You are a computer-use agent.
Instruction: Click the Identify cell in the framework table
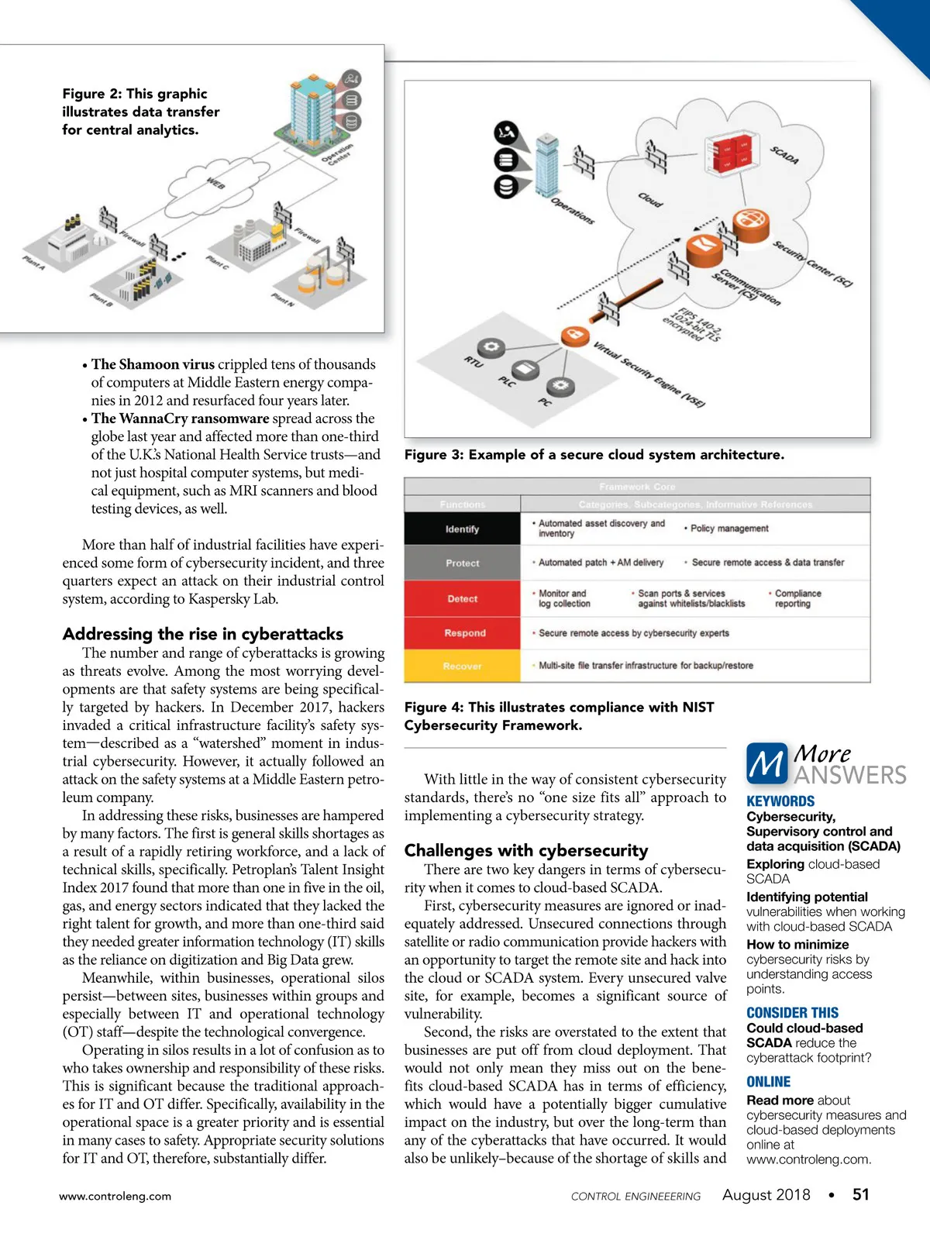[x=462, y=529]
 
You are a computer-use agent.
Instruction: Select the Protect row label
[x=462, y=563]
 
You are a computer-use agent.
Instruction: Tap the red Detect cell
[x=462, y=599]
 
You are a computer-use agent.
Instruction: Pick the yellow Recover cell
[x=462, y=666]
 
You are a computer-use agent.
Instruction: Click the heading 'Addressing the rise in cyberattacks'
[x=203, y=634]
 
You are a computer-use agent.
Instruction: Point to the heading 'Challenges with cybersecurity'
[x=526, y=850]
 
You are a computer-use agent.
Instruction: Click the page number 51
[x=860, y=1194]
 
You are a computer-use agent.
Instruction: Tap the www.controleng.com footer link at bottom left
[x=115, y=1196]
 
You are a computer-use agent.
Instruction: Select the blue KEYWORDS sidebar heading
[x=780, y=801]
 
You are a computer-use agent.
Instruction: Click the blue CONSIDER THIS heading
[x=792, y=1013]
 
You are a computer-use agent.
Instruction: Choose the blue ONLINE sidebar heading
[x=768, y=1082]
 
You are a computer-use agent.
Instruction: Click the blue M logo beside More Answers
[x=766, y=763]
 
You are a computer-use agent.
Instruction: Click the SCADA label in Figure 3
[x=784, y=154]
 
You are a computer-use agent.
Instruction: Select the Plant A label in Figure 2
[x=34, y=262]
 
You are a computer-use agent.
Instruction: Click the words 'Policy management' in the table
[x=729, y=529]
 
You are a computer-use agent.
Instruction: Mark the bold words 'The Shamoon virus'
[x=153, y=364]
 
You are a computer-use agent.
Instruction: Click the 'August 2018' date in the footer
[x=766, y=1194]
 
